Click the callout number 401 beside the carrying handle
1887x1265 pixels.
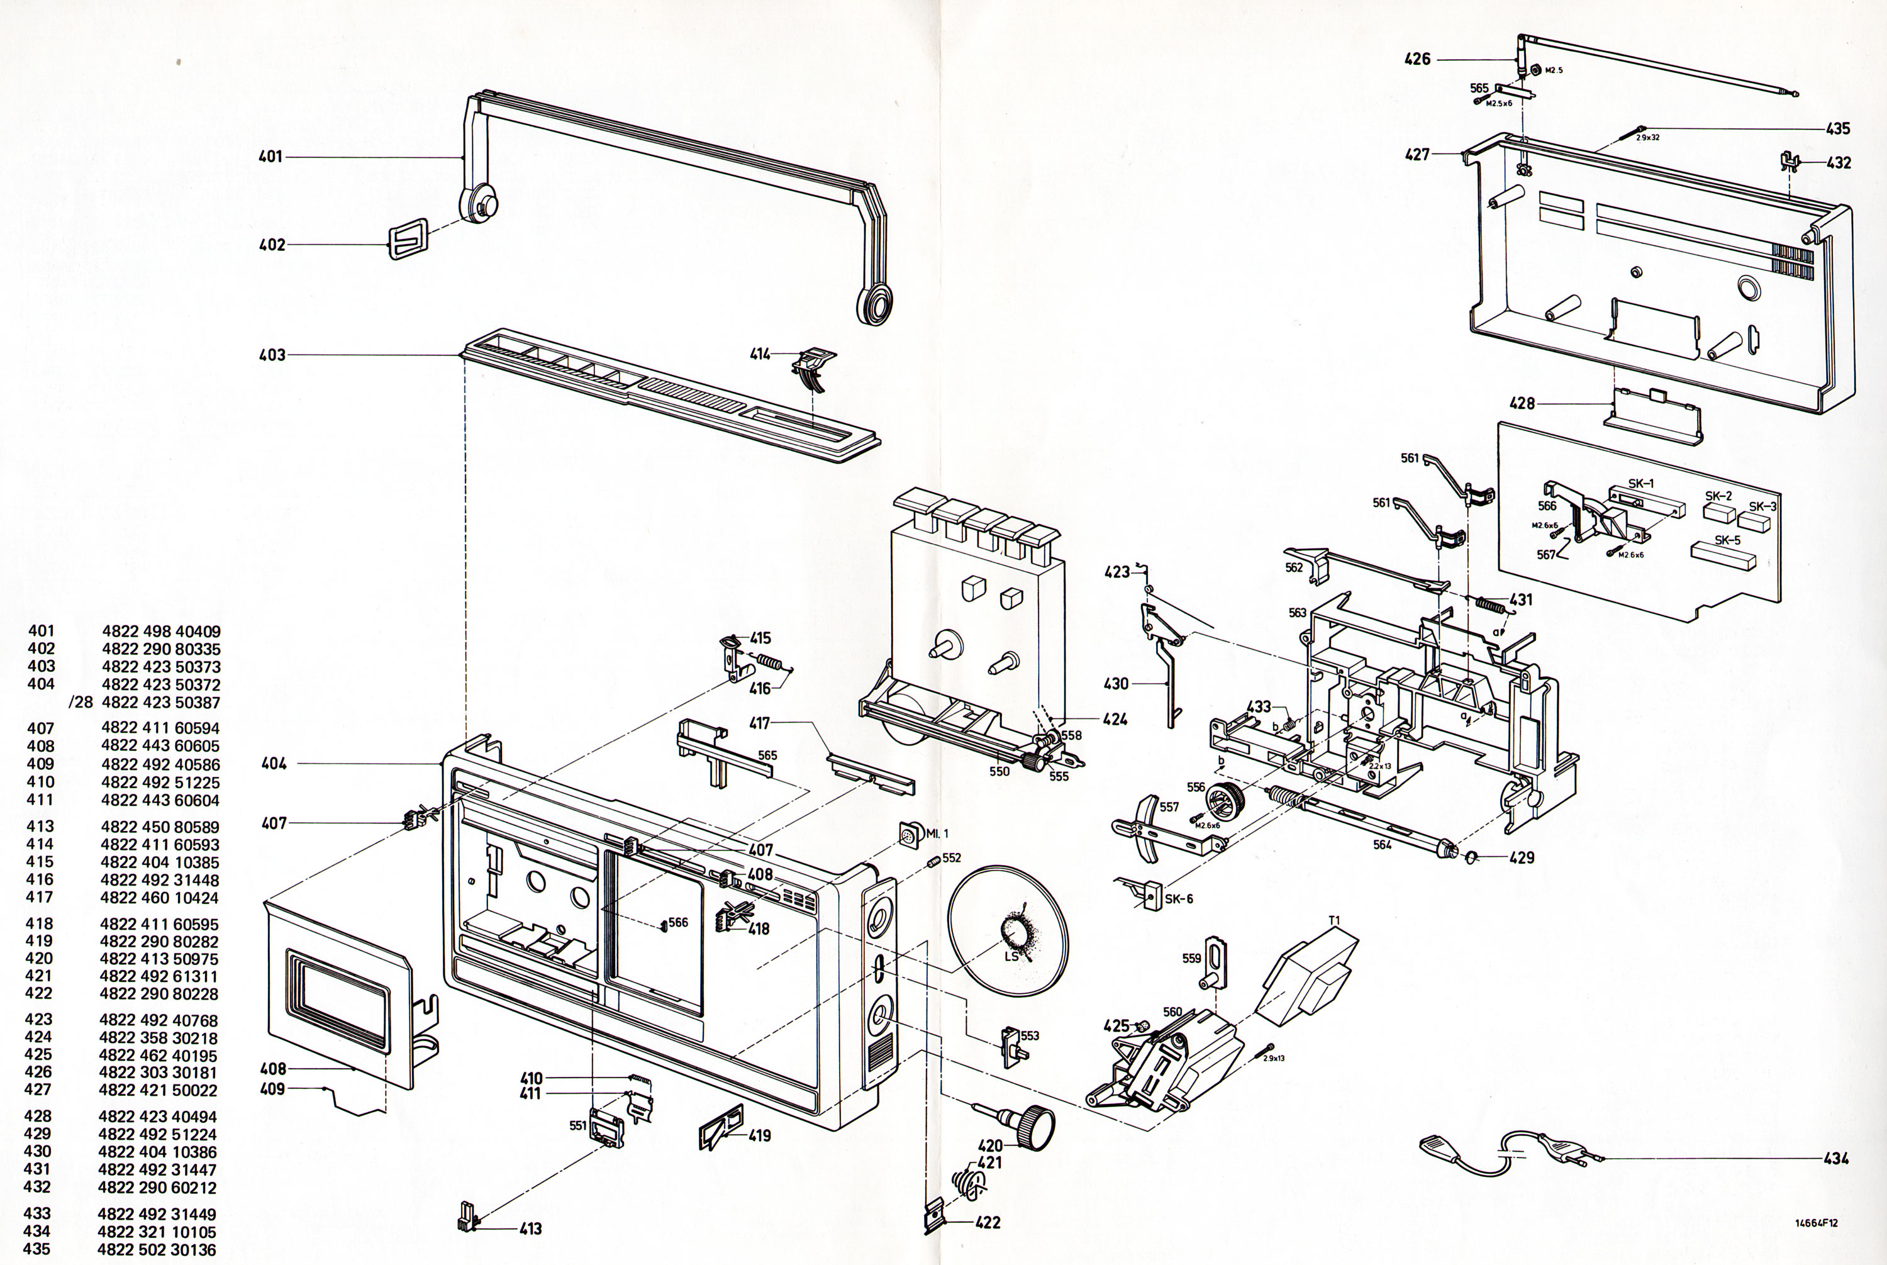point(270,157)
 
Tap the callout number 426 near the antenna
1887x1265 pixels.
point(1418,59)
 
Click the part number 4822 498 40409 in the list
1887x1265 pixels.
point(162,632)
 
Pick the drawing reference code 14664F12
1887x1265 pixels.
point(1816,1223)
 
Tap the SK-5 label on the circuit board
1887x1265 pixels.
point(1727,540)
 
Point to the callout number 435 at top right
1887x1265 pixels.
point(1838,128)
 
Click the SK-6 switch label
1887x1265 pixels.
point(1179,899)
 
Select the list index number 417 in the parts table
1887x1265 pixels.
point(40,897)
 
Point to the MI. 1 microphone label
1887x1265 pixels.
point(937,833)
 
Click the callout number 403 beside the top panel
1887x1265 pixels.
point(272,355)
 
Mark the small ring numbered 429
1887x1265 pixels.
point(1470,857)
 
